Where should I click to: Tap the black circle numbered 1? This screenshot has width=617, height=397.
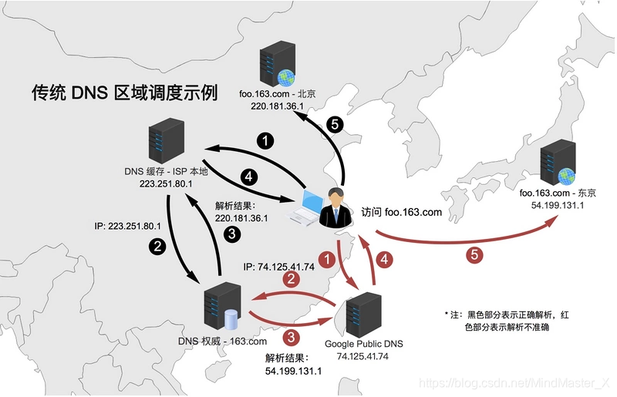click(x=265, y=140)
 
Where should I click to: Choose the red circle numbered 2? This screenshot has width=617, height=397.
click(x=291, y=278)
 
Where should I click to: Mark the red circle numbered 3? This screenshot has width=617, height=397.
click(x=291, y=337)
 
